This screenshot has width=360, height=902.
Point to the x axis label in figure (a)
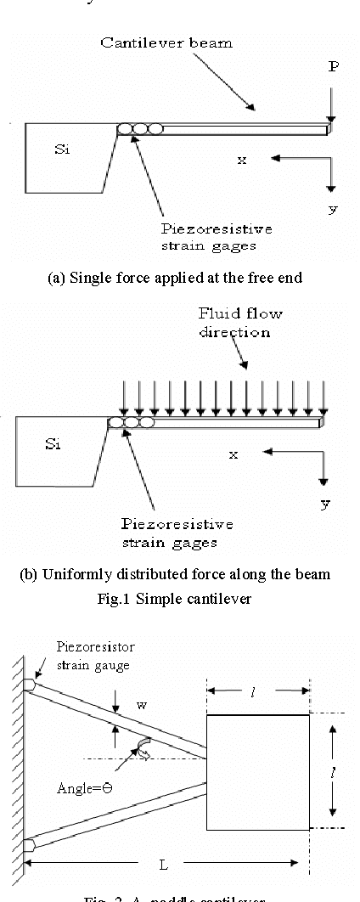click(x=242, y=159)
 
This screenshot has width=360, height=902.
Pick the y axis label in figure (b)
click(x=325, y=504)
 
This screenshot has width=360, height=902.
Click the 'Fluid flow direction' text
click(x=241, y=323)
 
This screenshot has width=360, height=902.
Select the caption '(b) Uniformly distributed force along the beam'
click(x=175, y=573)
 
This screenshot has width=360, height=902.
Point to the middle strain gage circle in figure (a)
click(x=140, y=129)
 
